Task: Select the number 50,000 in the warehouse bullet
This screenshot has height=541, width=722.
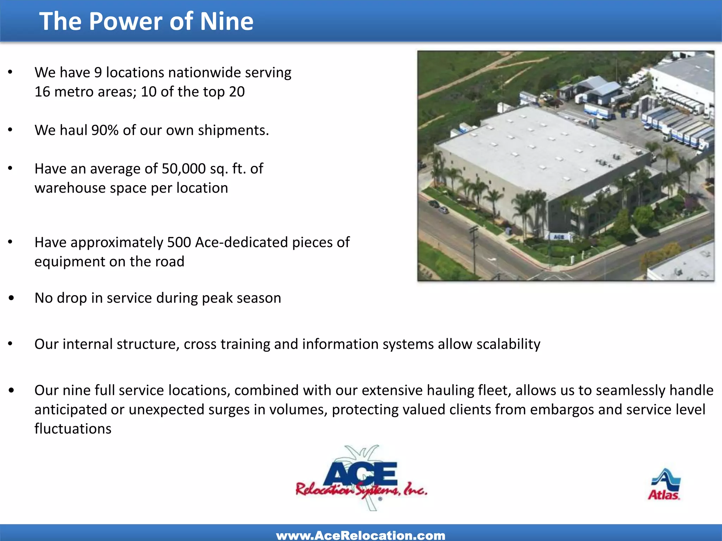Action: coord(183,169)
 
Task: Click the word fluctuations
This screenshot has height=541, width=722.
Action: coord(73,429)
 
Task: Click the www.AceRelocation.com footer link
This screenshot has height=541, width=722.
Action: coord(361,535)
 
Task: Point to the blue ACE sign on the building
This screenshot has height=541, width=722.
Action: coord(559,237)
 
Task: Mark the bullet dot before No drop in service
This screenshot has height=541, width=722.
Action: coord(11,298)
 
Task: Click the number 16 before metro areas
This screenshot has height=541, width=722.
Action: coord(42,92)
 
